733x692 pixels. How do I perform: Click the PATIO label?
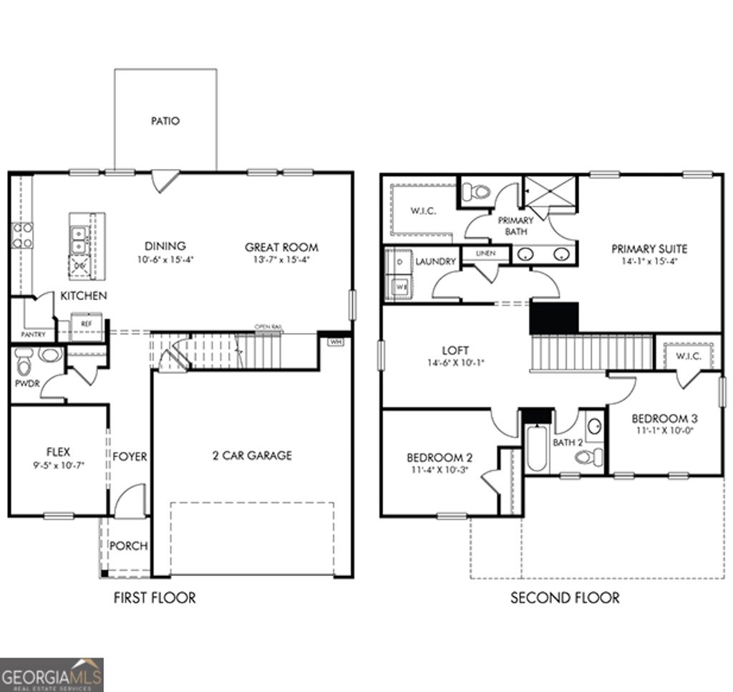(x=165, y=121)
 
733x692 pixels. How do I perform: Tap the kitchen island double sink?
(x=79, y=240)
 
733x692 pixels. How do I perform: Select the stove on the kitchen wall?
(x=21, y=235)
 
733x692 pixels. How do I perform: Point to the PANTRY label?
(x=33, y=335)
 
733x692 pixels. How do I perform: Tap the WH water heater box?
(x=334, y=342)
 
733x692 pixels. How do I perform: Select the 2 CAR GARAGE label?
(x=252, y=455)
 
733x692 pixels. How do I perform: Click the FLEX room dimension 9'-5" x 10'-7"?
(x=58, y=465)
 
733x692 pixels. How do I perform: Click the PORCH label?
(x=129, y=546)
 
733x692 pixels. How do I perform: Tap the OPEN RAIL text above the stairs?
(x=268, y=327)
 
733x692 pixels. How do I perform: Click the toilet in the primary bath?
(x=476, y=191)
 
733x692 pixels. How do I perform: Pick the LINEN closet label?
(x=486, y=254)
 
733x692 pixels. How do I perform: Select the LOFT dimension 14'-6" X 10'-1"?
(x=455, y=362)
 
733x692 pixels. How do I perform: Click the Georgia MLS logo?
(x=52, y=674)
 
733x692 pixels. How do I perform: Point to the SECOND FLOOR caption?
(x=565, y=597)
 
